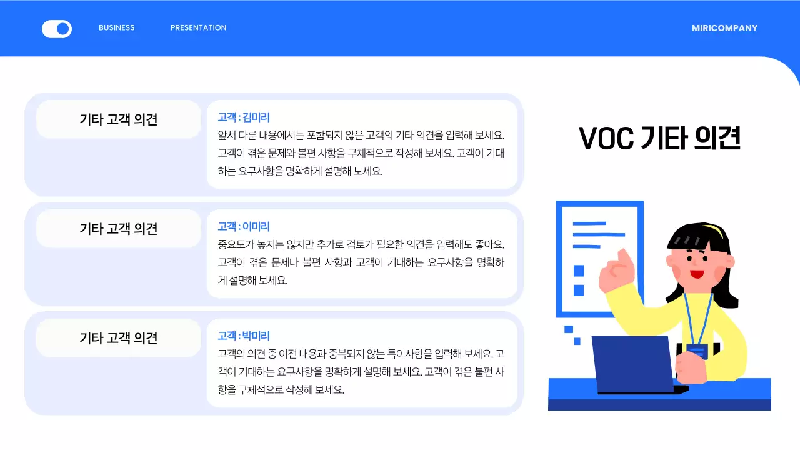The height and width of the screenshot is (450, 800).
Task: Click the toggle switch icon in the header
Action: coord(57,29)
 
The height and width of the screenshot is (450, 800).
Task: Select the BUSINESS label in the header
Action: coord(117,27)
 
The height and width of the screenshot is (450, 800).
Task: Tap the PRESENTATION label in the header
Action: coord(198,27)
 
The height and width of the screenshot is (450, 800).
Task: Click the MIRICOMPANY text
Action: coord(724,28)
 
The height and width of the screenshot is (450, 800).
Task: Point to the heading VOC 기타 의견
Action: coord(659,138)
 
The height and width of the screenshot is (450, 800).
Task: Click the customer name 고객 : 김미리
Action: coord(244,117)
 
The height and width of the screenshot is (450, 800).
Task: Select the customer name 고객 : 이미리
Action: coord(244,226)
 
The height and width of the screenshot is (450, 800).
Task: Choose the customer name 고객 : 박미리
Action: coord(244,336)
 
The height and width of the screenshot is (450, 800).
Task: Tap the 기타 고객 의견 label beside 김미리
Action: coord(119,119)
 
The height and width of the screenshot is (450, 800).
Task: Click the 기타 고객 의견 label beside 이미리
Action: coord(119,228)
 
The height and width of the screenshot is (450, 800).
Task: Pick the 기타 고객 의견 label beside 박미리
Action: coord(119,337)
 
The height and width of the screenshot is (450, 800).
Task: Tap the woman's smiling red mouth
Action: coord(697,274)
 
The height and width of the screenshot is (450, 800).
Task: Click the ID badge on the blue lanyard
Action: coord(696,351)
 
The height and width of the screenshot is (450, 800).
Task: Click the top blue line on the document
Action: coord(589,223)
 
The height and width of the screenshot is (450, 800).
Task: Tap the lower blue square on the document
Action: coord(579,291)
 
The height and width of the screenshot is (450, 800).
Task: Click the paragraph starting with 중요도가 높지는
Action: coord(361,262)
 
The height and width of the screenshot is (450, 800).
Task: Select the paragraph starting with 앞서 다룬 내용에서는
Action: coord(361,152)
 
